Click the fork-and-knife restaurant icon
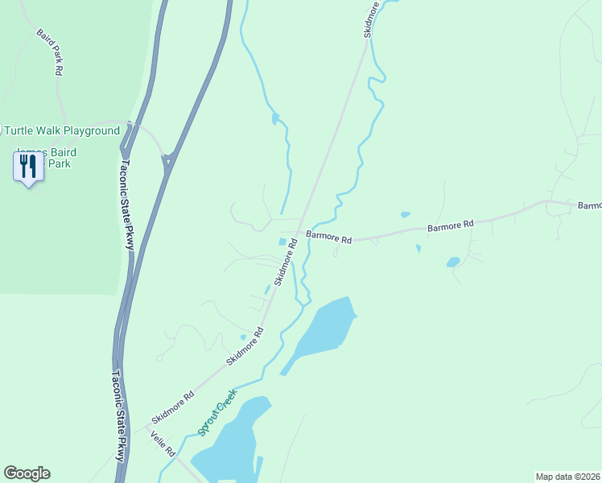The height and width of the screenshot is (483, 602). point(27,166)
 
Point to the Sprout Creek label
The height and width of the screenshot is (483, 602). point(217,412)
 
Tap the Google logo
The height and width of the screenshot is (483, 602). point(27,473)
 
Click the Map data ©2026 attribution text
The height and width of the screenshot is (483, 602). point(567,476)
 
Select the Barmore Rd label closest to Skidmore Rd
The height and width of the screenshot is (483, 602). point(330,239)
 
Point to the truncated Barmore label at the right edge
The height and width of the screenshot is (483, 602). point(589,206)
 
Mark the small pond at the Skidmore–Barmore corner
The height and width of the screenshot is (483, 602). point(282,242)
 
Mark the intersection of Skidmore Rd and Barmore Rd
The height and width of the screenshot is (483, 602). point(301,233)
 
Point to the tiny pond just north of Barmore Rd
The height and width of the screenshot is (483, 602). point(405,215)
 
